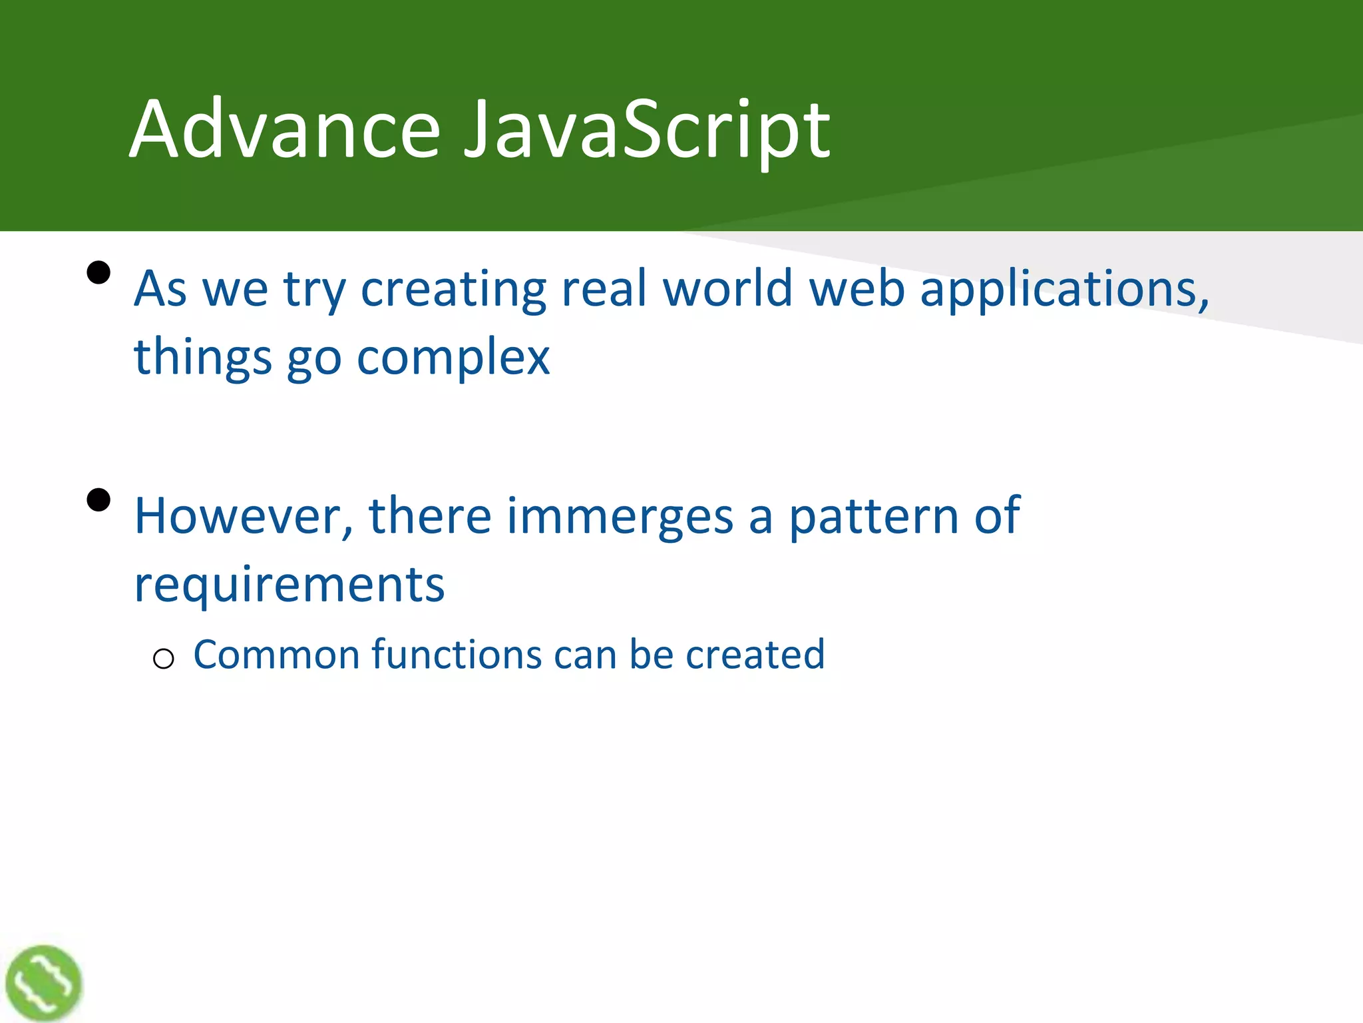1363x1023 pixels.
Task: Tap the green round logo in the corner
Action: pyautogui.click(x=43, y=983)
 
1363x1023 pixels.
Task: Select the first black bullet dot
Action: pyautogui.click(x=98, y=272)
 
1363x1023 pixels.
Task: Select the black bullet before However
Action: pyautogui.click(x=98, y=500)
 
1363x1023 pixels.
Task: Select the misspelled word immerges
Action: pyautogui.click(x=620, y=517)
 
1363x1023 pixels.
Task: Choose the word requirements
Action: pyautogui.click(x=289, y=585)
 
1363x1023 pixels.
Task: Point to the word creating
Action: pyautogui.click(x=453, y=290)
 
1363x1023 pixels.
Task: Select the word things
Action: pyautogui.click(x=202, y=358)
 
